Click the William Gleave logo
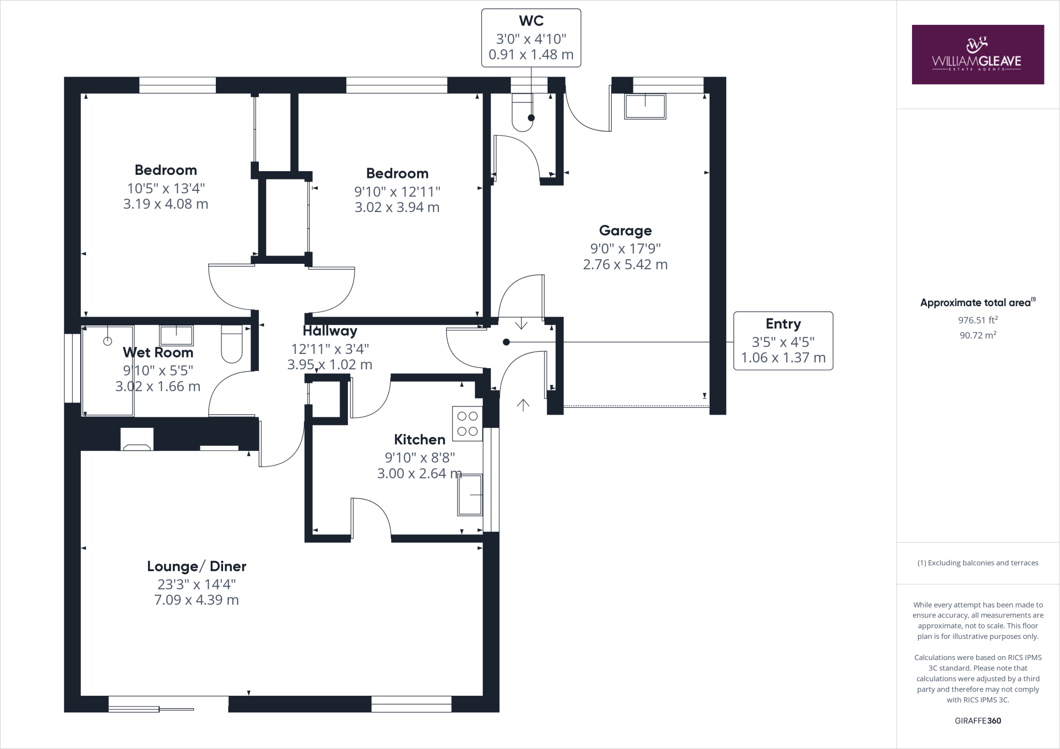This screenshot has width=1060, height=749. click(977, 54)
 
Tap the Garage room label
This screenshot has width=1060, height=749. click(625, 231)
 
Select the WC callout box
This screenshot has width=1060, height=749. click(531, 38)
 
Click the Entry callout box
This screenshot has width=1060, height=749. click(783, 341)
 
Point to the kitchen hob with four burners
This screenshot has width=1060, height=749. click(467, 424)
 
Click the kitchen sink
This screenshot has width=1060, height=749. click(470, 495)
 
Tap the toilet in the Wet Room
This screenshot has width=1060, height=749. click(231, 343)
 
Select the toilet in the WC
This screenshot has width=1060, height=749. click(522, 113)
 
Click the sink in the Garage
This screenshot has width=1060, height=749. click(645, 106)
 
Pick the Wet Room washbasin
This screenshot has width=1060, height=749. click(176, 335)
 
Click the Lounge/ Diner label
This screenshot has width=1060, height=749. click(197, 566)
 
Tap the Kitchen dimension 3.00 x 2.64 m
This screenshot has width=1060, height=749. click(419, 473)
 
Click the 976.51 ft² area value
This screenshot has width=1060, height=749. click(978, 320)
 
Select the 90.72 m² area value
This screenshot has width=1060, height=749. click(978, 335)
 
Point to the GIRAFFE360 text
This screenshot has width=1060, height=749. click(978, 721)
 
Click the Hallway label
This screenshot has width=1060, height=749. click(330, 331)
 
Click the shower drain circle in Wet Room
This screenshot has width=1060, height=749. click(108, 341)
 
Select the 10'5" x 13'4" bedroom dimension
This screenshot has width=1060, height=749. click(166, 188)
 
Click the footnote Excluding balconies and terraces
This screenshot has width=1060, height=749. click(978, 563)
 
